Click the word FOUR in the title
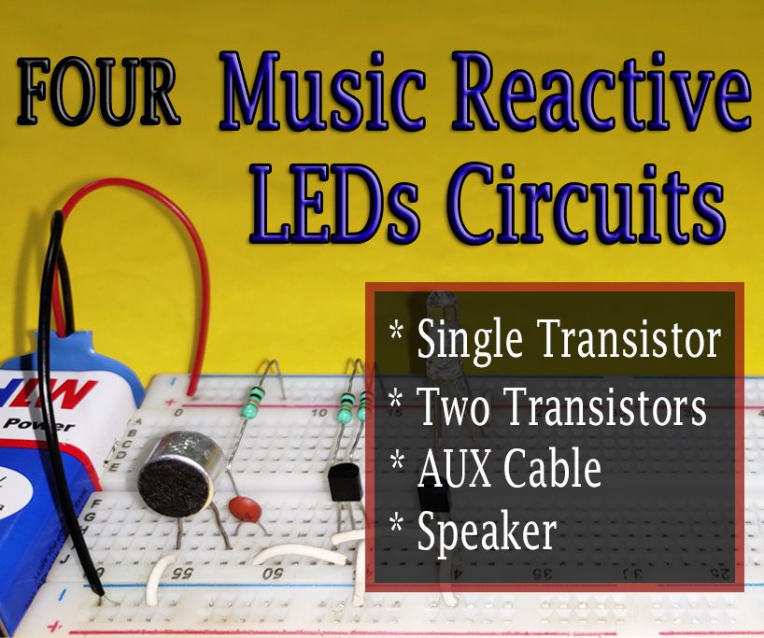point(98,96)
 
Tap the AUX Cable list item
point(509,469)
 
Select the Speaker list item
point(487,532)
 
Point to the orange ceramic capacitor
point(245,508)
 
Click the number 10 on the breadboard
point(320,412)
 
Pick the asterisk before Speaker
point(396,523)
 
